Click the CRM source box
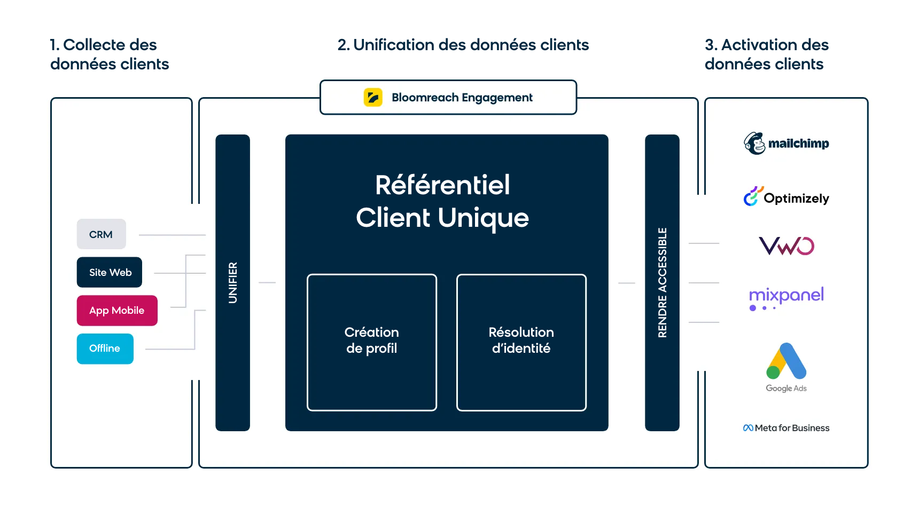[x=102, y=234]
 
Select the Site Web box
[x=110, y=272]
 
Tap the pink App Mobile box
[x=117, y=311]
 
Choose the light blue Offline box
[x=105, y=348]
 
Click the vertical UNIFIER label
[x=233, y=283]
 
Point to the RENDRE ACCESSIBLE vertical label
[x=663, y=283]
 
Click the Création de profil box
[x=372, y=343]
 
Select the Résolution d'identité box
[x=521, y=343]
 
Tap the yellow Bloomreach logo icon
[x=373, y=97]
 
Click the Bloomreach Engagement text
[x=462, y=98]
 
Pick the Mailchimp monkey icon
[x=754, y=143]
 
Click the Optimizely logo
[x=786, y=197]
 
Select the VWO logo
[x=786, y=246]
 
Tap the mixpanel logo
[x=786, y=298]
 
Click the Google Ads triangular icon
[x=786, y=361]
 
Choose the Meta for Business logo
[x=786, y=428]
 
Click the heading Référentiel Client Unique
[x=442, y=202]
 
